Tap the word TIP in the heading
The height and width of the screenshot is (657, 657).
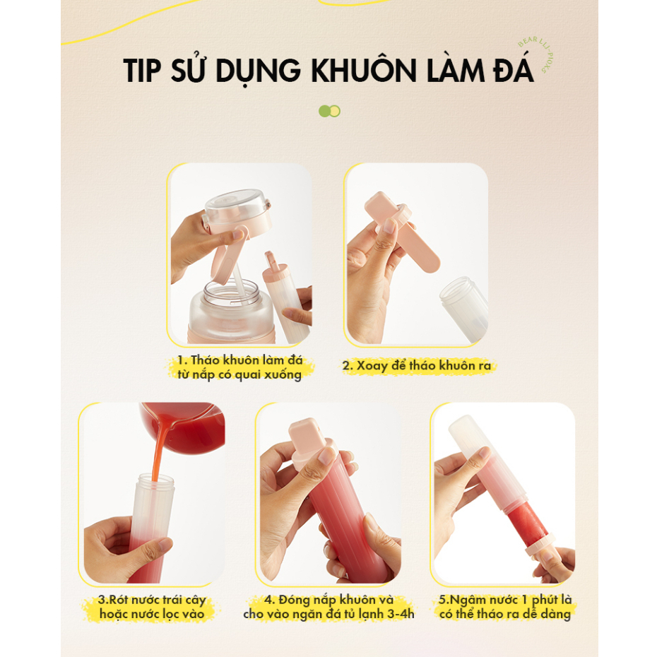[x=142, y=71]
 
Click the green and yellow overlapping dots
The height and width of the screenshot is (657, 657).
[x=329, y=111]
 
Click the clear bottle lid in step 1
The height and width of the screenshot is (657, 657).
[x=237, y=206]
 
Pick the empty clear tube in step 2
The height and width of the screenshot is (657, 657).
[x=464, y=308]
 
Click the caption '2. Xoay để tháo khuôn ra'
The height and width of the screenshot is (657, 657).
[x=417, y=366]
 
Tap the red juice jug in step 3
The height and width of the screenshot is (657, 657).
[x=184, y=427]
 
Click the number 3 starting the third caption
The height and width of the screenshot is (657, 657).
[x=102, y=600]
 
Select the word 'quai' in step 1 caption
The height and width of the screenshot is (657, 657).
[x=249, y=374]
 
